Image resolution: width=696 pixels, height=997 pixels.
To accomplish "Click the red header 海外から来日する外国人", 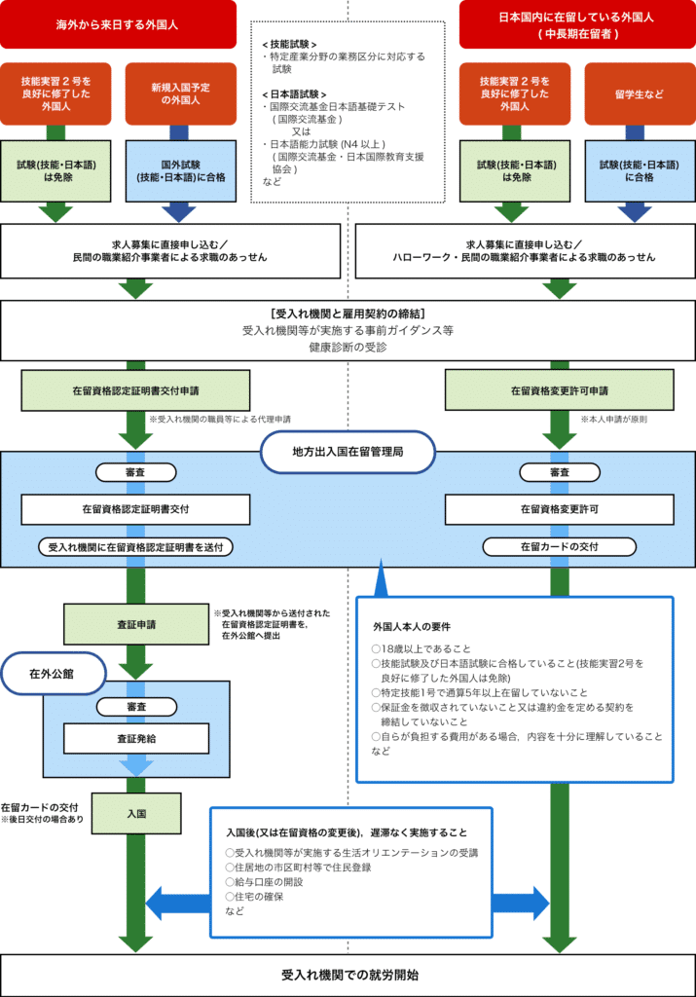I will click(118, 24).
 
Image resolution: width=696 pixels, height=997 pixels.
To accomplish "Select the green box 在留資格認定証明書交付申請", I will click(136, 390).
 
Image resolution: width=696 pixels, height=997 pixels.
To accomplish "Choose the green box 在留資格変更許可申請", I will click(560, 390).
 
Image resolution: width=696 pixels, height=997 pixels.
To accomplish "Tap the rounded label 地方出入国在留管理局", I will click(348, 453).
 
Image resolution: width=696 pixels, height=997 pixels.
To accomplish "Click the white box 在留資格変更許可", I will click(559, 508).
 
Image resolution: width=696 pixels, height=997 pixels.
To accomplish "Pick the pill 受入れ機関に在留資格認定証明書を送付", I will click(136, 547).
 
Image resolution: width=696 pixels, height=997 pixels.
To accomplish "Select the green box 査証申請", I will click(137, 623).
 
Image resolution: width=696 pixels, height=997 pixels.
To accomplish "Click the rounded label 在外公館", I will click(53, 673).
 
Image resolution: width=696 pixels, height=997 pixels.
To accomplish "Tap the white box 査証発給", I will click(136, 738).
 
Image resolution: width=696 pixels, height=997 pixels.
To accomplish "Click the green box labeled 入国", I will click(136, 809).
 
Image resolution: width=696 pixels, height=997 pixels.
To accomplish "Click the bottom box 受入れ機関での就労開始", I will click(348, 974).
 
